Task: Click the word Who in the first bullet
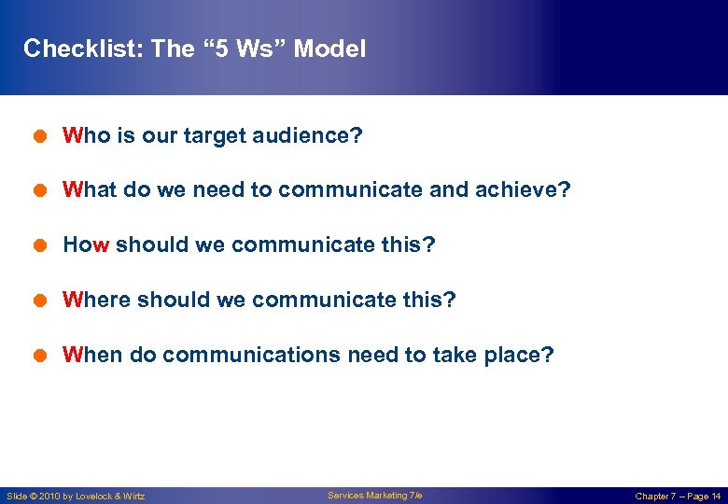pyautogui.click(x=87, y=136)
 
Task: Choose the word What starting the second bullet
pyautogui.click(x=90, y=190)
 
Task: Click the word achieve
pyautogui.click(x=527, y=190)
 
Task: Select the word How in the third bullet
pyautogui.click(x=86, y=245)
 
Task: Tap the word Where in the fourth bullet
pyautogui.click(x=96, y=301)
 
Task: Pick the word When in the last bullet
pyautogui.click(x=91, y=356)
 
